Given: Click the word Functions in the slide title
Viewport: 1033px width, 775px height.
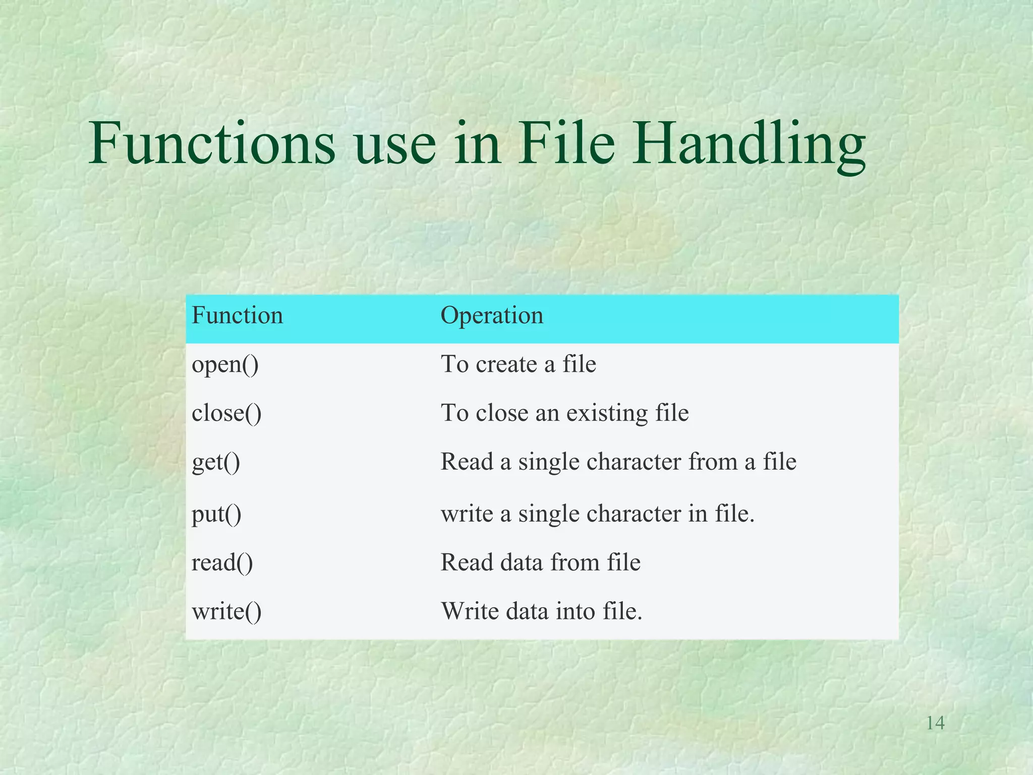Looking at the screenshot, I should click(x=212, y=144).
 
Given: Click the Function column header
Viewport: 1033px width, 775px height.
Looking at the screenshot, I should click(x=237, y=315).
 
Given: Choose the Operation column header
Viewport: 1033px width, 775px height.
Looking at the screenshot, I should click(x=492, y=315).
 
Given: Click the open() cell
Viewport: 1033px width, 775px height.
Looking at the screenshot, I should click(x=225, y=364).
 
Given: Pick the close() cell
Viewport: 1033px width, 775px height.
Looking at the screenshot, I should click(x=226, y=413).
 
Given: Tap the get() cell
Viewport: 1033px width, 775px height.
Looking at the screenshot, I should click(x=216, y=462).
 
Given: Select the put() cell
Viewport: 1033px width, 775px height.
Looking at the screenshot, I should click(x=216, y=514).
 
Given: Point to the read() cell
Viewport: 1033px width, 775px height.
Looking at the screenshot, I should click(x=222, y=563).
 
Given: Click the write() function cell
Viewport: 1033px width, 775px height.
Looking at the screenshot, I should click(x=226, y=612).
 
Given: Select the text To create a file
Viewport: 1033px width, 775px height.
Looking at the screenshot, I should click(x=518, y=364).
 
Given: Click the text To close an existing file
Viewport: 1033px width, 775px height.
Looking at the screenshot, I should click(x=564, y=413).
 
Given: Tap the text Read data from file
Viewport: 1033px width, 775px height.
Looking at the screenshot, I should click(x=540, y=563).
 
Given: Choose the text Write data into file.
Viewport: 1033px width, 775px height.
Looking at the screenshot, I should click(x=541, y=612).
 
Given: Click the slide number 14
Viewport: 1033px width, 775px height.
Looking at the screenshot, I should click(x=935, y=723).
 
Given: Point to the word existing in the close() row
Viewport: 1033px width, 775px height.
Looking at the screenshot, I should click(x=607, y=413).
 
